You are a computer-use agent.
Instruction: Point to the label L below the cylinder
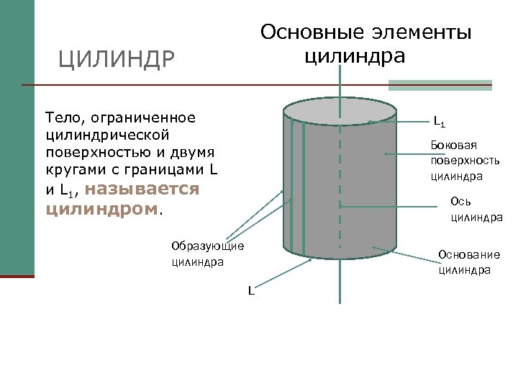pos(251,291)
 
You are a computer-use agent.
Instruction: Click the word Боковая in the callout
pos(452,145)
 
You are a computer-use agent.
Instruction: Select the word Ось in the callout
pos(460,201)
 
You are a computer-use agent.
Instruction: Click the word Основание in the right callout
pos(469,255)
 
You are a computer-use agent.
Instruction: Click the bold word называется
pos(146,189)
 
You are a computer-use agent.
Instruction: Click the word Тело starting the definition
pos(63,117)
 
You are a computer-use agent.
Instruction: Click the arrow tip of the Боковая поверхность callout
pos(386,153)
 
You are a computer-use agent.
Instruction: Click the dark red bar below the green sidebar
pos(17,276)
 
